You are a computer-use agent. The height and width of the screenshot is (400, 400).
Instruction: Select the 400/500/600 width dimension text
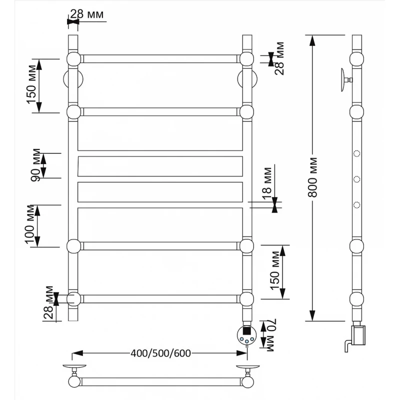coord(161,353)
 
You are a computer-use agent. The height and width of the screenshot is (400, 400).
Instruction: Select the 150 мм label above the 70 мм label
coord(273,272)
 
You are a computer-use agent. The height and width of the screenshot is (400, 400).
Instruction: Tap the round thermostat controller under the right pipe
coord(247,334)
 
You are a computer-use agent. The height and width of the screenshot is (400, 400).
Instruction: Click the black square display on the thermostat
coord(247,330)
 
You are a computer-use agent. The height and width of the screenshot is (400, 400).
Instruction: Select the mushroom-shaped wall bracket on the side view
coord(343,79)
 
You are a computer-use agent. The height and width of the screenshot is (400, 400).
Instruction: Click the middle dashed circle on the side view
coord(357,179)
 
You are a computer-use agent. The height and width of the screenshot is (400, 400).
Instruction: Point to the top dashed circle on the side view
coord(357,153)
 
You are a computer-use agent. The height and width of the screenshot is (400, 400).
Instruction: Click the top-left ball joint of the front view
coord(73,59)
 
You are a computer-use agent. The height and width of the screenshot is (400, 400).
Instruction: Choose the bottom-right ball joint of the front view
coord(247,299)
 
